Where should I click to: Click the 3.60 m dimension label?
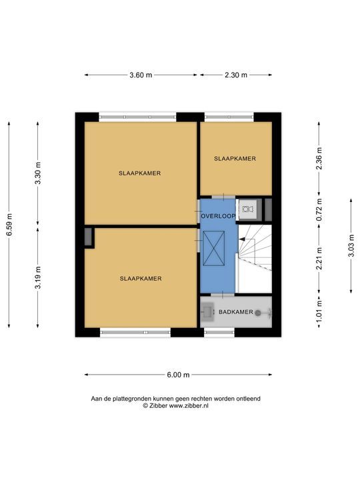click(x=141, y=75)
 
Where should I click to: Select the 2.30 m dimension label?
click(x=236, y=75)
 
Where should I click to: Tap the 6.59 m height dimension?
click(x=9, y=225)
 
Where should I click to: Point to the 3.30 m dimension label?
click(x=38, y=173)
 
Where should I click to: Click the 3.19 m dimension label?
click(x=38, y=277)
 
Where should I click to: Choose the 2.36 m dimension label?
click(x=319, y=158)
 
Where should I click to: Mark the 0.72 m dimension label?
click(x=319, y=210)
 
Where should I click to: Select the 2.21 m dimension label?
click(x=319, y=259)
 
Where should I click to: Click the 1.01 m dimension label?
click(x=319, y=311)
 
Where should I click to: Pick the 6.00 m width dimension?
click(x=178, y=375)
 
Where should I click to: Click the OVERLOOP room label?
click(x=218, y=216)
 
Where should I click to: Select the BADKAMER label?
click(x=236, y=312)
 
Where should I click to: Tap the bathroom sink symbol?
click(x=208, y=312)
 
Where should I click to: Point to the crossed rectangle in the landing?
click(x=214, y=248)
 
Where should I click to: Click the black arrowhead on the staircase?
click(x=241, y=239)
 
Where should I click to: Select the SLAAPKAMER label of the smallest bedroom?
click(x=235, y=159)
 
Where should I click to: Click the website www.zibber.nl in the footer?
click(x=189, y=406)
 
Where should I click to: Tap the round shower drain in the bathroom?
click(x=258, y=313)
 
